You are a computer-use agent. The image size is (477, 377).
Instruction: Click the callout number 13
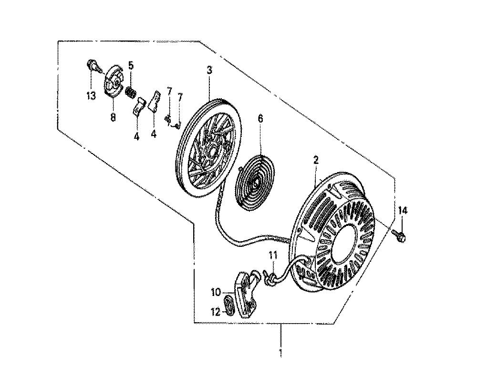[91, 96]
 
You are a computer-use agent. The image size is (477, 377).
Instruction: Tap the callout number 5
[131, 65]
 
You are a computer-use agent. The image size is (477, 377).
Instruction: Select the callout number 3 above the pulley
[209, 70]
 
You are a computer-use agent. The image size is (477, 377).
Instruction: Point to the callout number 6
[260, 119]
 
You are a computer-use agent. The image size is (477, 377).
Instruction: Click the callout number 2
[316, 160]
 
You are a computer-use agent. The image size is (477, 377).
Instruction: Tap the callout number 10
[216, 293]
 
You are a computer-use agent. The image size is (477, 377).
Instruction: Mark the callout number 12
[216, 312]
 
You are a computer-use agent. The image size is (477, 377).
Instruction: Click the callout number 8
[113, 117]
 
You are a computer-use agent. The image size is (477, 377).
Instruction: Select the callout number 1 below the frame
[280, 353]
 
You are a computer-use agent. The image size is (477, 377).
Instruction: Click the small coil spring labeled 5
[131, 92]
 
